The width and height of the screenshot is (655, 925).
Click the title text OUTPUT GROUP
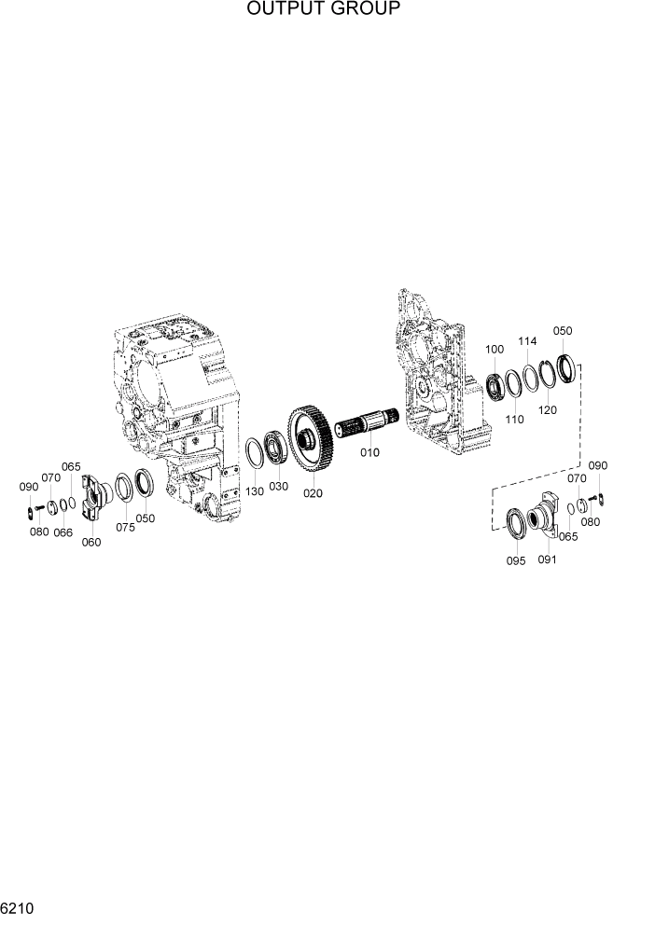point(324,8)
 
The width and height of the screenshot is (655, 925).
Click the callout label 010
point(370,452)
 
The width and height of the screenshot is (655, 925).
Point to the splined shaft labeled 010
point(367,423)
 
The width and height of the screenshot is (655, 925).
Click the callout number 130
point(255,490)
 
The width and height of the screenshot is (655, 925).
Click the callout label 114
point(527,341)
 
